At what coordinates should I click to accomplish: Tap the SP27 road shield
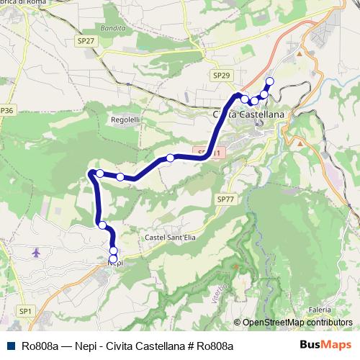(86, 42)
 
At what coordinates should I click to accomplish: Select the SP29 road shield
(221, 75)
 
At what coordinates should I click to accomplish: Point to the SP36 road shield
(6, 110)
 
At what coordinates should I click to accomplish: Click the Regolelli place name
(125, 120)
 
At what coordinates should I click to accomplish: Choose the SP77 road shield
(225, 199)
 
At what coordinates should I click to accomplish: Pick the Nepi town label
(114, 264)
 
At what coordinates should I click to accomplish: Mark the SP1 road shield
(25, 310)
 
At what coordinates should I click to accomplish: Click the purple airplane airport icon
(37, 253)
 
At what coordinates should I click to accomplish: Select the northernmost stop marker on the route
(270, 81)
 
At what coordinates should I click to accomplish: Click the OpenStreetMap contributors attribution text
(297, 323)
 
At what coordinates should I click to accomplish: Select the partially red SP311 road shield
(213, 153)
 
